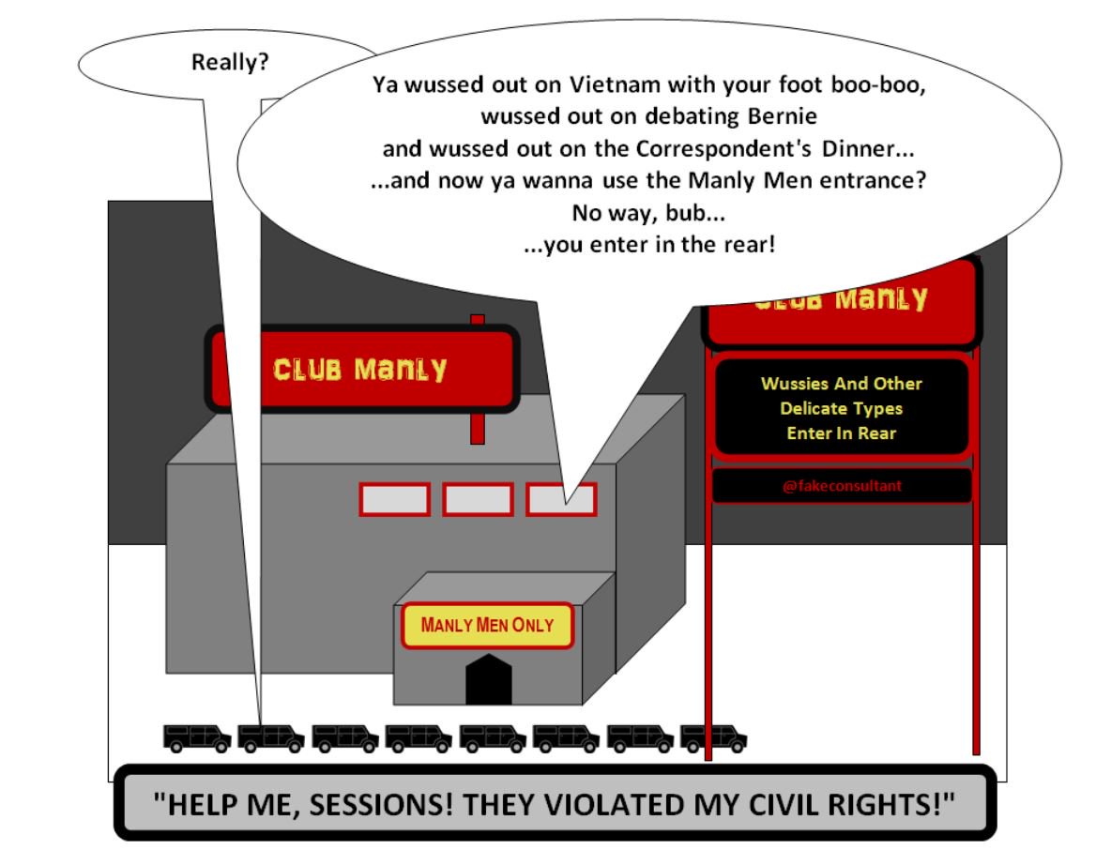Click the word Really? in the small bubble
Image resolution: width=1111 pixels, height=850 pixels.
(x=230, y=64)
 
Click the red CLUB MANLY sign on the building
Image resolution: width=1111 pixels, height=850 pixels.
(x=361, y=369)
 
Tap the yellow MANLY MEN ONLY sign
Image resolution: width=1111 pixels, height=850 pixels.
(x=487, y=625)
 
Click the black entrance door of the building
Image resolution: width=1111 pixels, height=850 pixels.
(x=489, y=680)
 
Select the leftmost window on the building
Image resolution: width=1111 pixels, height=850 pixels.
(x=394, y=499)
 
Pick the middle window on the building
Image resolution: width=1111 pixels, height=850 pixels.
(x=478, y=499)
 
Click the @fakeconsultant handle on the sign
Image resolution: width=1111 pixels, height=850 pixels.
(x=842, y=486)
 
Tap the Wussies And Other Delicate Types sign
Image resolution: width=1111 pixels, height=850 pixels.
(x=842, y=408)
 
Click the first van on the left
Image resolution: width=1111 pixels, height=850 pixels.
(x=196, y=737)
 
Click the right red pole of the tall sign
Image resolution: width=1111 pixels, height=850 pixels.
(x=976, y=610)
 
